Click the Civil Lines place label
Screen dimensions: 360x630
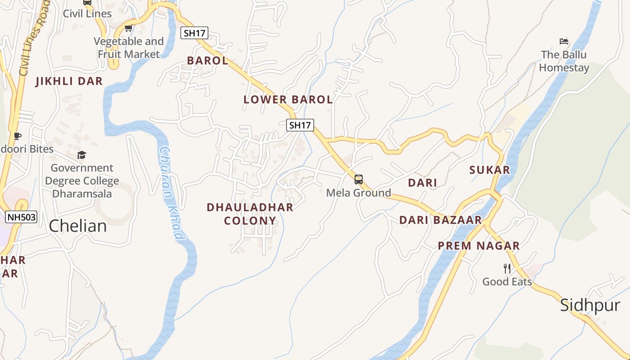tap(87, 13)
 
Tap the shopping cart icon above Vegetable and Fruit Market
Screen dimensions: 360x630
tap(128, 28)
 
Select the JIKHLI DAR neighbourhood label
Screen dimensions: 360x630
tap(69, 81)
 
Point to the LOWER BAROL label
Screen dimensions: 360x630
tap(288, 99)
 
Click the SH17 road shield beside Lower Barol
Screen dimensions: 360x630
tap(300, 125)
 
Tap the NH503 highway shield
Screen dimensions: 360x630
tap(21, 217)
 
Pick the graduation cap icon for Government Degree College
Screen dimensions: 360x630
tap(81, 155)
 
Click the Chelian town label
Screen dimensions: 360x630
tap(78, 226)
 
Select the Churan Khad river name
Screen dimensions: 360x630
tap(171, 193)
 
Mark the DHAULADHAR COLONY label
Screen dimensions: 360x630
tap(250, 214)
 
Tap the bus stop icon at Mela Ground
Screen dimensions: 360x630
tap(359, 180)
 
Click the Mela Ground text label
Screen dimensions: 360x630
tap(359, 193)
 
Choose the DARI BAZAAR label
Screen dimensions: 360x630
tap(441, 220)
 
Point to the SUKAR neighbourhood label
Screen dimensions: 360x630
tap(490, 170)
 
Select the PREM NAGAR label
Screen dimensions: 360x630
tap(479, 246)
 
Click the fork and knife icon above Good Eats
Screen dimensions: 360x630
tap(507, 269)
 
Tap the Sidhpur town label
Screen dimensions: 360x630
tap(590, 306)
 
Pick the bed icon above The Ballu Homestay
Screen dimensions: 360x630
tap(564, 41)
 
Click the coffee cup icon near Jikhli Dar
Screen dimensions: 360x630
tap(17, 136)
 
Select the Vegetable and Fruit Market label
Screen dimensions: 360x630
tap(129, 48)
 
